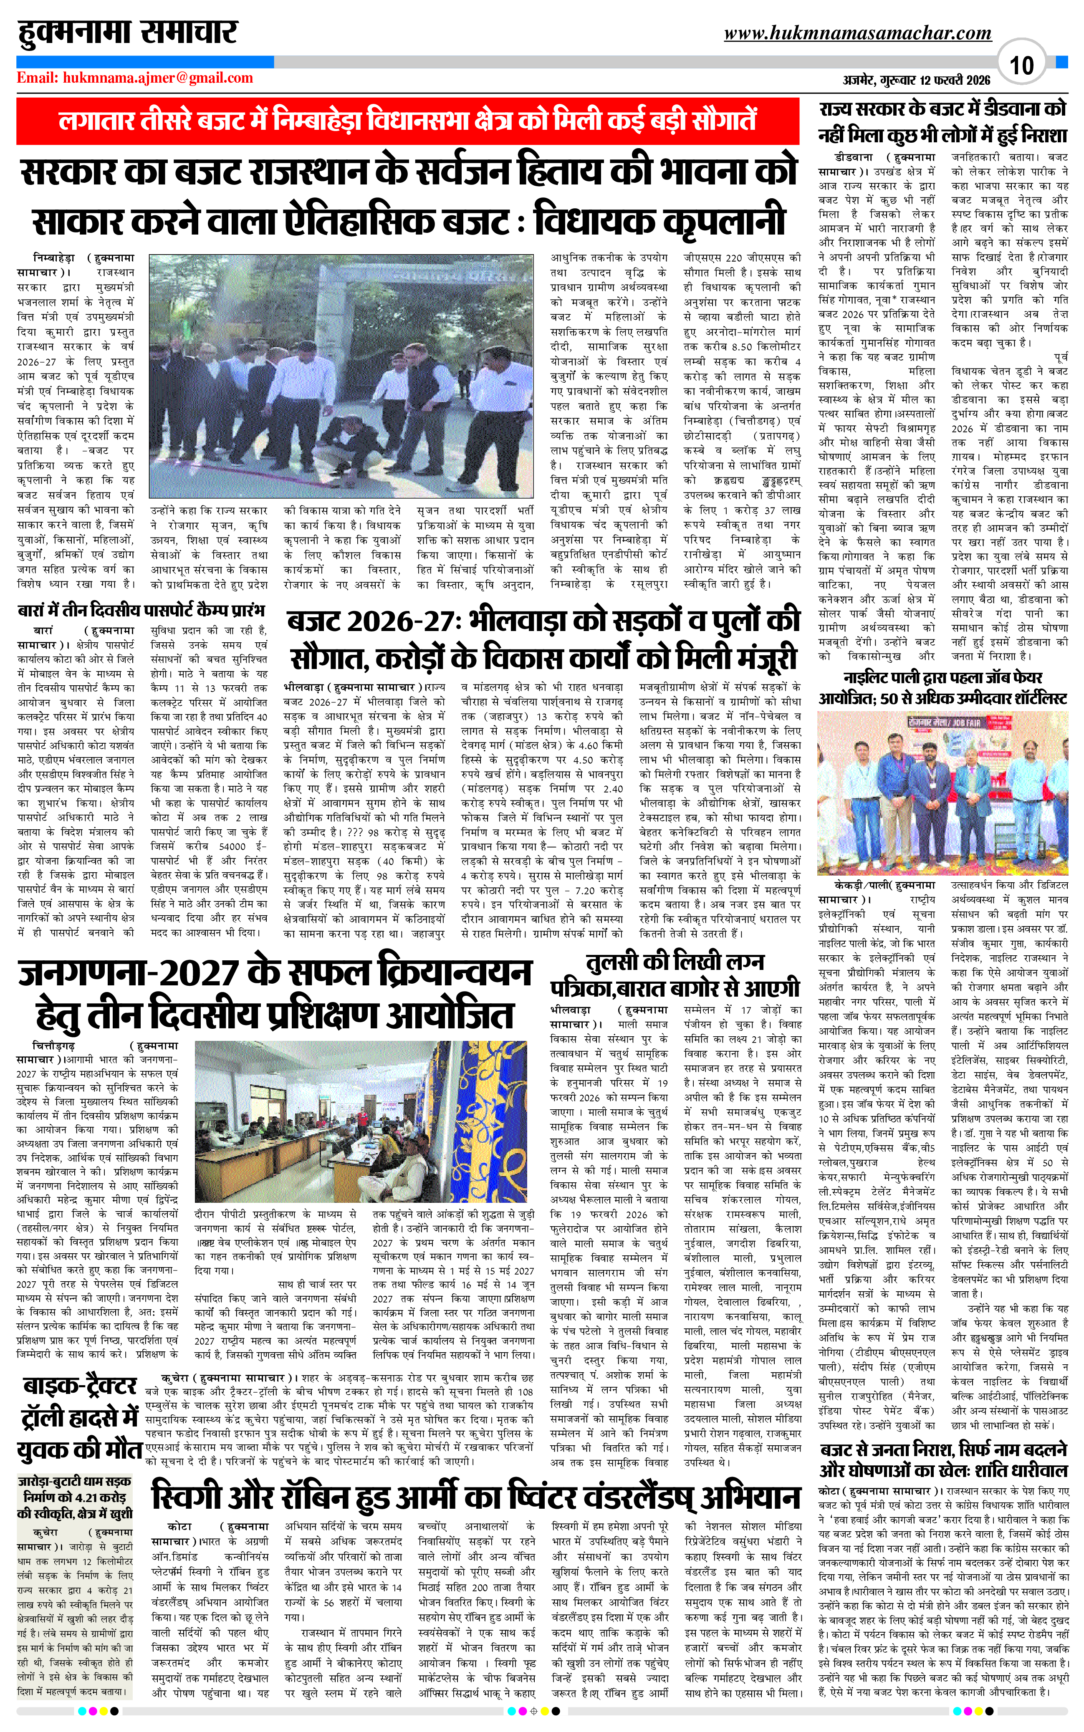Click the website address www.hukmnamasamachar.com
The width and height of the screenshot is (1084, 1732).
point(857,33)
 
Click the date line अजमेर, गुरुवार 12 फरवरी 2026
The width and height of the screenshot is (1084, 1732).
point(916,80)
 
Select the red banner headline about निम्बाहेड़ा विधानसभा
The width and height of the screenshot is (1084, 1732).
point(407,121)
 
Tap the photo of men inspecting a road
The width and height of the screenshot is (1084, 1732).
point(341,376)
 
